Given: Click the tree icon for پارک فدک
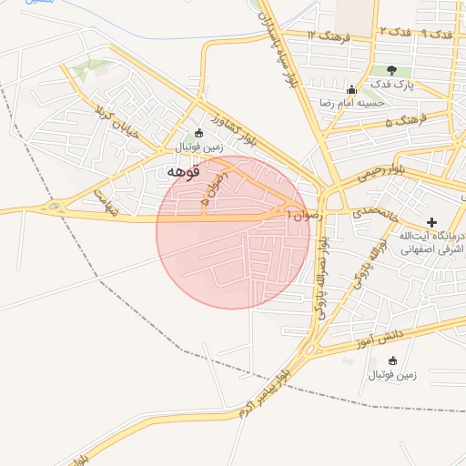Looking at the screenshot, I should point(391,69).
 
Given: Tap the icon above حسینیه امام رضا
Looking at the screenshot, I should point(351,89).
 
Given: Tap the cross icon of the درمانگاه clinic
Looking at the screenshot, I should point(431,222).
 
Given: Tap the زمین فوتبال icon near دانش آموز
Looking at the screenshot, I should point(392,360).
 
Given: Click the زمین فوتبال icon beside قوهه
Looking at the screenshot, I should point(199,133).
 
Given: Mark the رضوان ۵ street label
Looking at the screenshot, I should point(211,193).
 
